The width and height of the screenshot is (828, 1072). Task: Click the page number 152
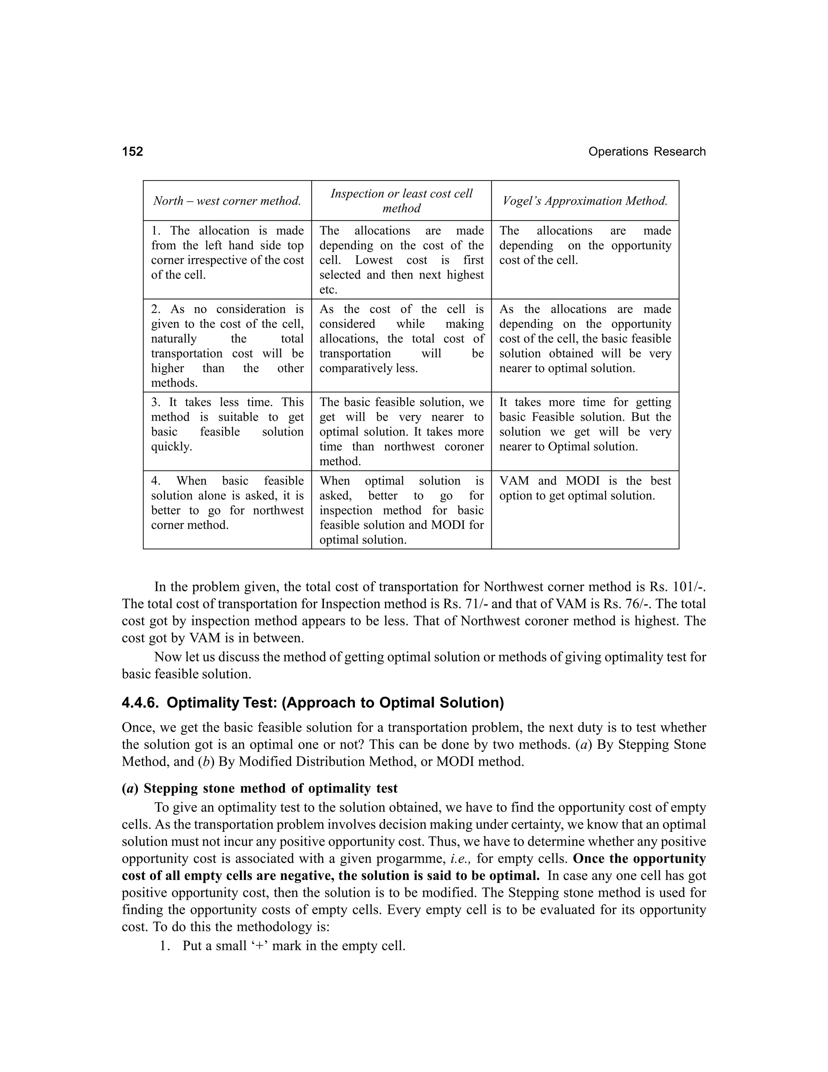(133, 151)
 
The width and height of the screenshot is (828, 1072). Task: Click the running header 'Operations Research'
(646, 152)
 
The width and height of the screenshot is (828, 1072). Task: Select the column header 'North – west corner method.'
(227, 201)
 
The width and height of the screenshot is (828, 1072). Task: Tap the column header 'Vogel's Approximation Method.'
(585, 201)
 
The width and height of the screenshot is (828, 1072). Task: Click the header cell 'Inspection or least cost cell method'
(401, 201)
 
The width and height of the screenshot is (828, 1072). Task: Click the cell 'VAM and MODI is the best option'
(585, 488)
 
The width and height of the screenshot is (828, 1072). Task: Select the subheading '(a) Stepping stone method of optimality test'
(260, 788)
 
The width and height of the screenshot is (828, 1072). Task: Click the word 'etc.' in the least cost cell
(328, 290)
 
